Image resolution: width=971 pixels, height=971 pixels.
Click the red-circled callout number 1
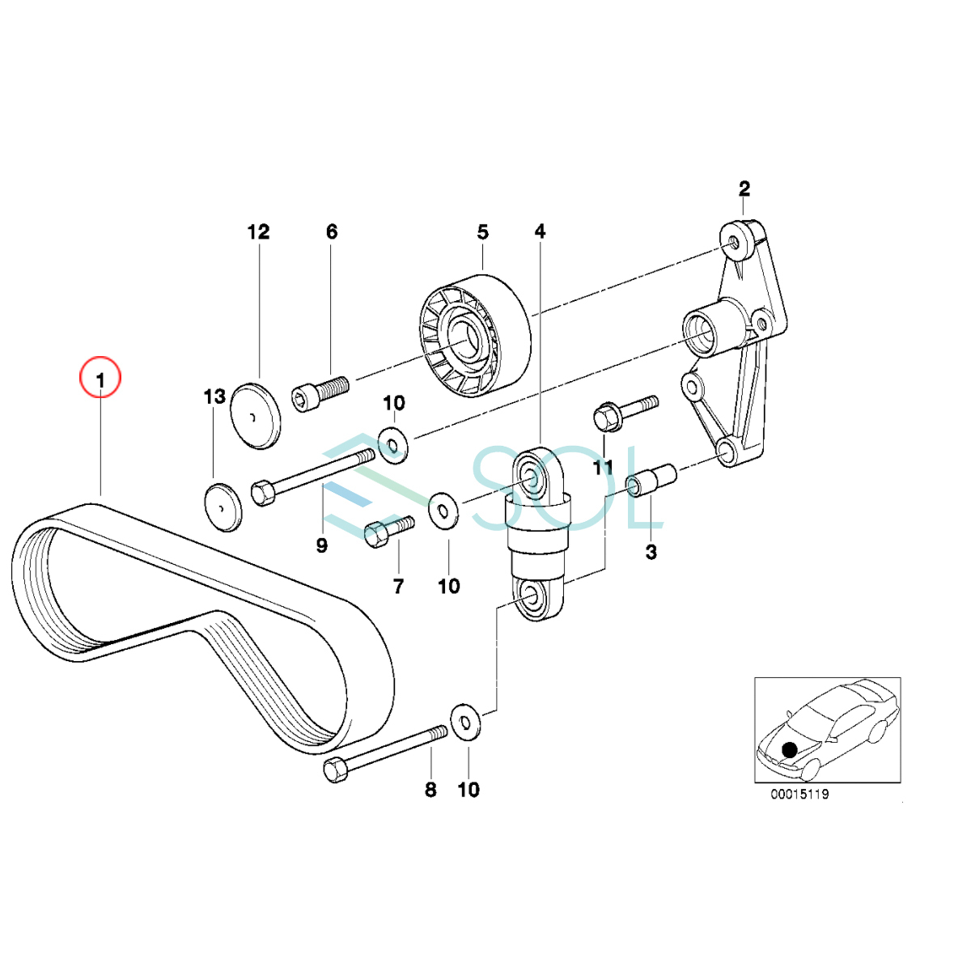coord(100,380)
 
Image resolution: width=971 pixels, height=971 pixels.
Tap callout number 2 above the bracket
coord(744,189)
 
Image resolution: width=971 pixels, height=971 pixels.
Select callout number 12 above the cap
coord(258,232)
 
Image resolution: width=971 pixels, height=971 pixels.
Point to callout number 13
coord(214,397)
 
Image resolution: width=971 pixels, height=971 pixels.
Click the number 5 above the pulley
coord(483,233)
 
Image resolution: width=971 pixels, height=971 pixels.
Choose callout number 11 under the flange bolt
coord(603,468)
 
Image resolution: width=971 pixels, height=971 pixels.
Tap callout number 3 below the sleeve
coord(651,553)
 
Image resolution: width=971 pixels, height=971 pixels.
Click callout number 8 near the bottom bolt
coord(430,790)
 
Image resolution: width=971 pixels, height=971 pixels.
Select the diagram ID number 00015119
coord(799,795)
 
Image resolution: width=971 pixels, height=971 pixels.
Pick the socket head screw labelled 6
coord(320,393)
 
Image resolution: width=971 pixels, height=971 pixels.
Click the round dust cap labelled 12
coord(256,416)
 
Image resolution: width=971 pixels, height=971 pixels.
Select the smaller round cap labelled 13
coord(223,507)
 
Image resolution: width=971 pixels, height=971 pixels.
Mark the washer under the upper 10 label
coord(393,445)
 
